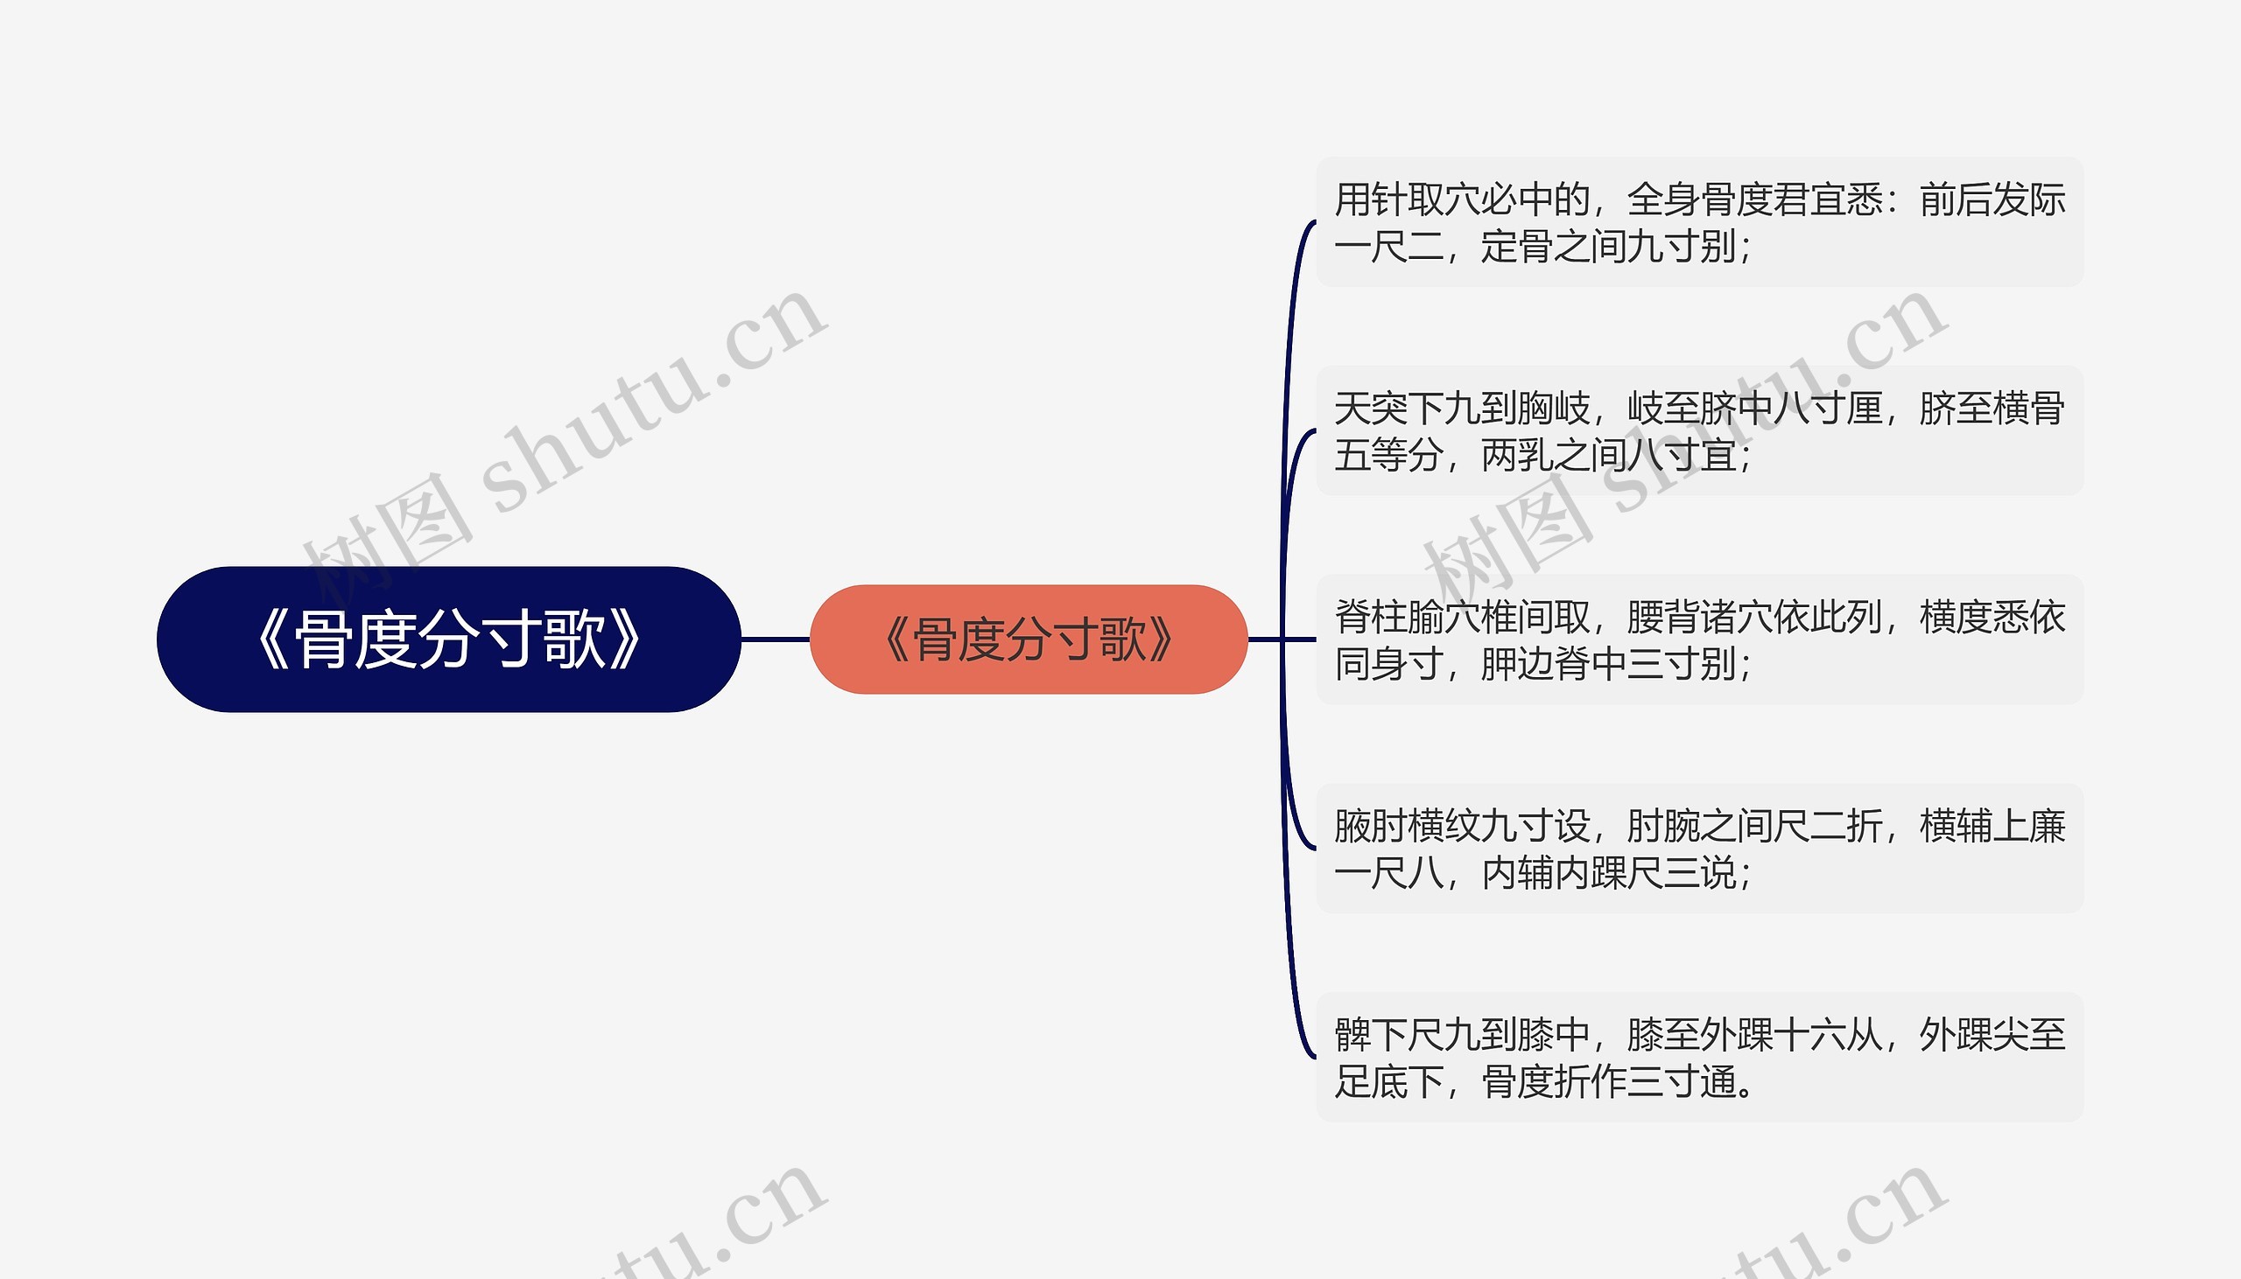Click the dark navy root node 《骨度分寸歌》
[x=448, y=639]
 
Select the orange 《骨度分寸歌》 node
[x=1029, y=639]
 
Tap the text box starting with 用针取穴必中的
[x=1699, y=222]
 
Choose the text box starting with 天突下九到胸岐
[x=1699, y=430]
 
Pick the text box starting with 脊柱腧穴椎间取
[x=1699, y=639]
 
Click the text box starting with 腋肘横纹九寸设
[x=1699, y=849]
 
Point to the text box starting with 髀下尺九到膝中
[x=1699, y=1057]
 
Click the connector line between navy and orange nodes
[x=775, y=639]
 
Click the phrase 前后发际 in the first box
[x=1992, y=200]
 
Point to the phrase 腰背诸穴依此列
[x=1754, y=618]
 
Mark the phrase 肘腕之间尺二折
[x=1754, y=827]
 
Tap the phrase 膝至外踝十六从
[x=1754, y=1035]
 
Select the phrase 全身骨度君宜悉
[x=1754, y=200]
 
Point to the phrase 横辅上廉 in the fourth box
[x=1992, y=827]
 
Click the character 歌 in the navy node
[x=575, y=639]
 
